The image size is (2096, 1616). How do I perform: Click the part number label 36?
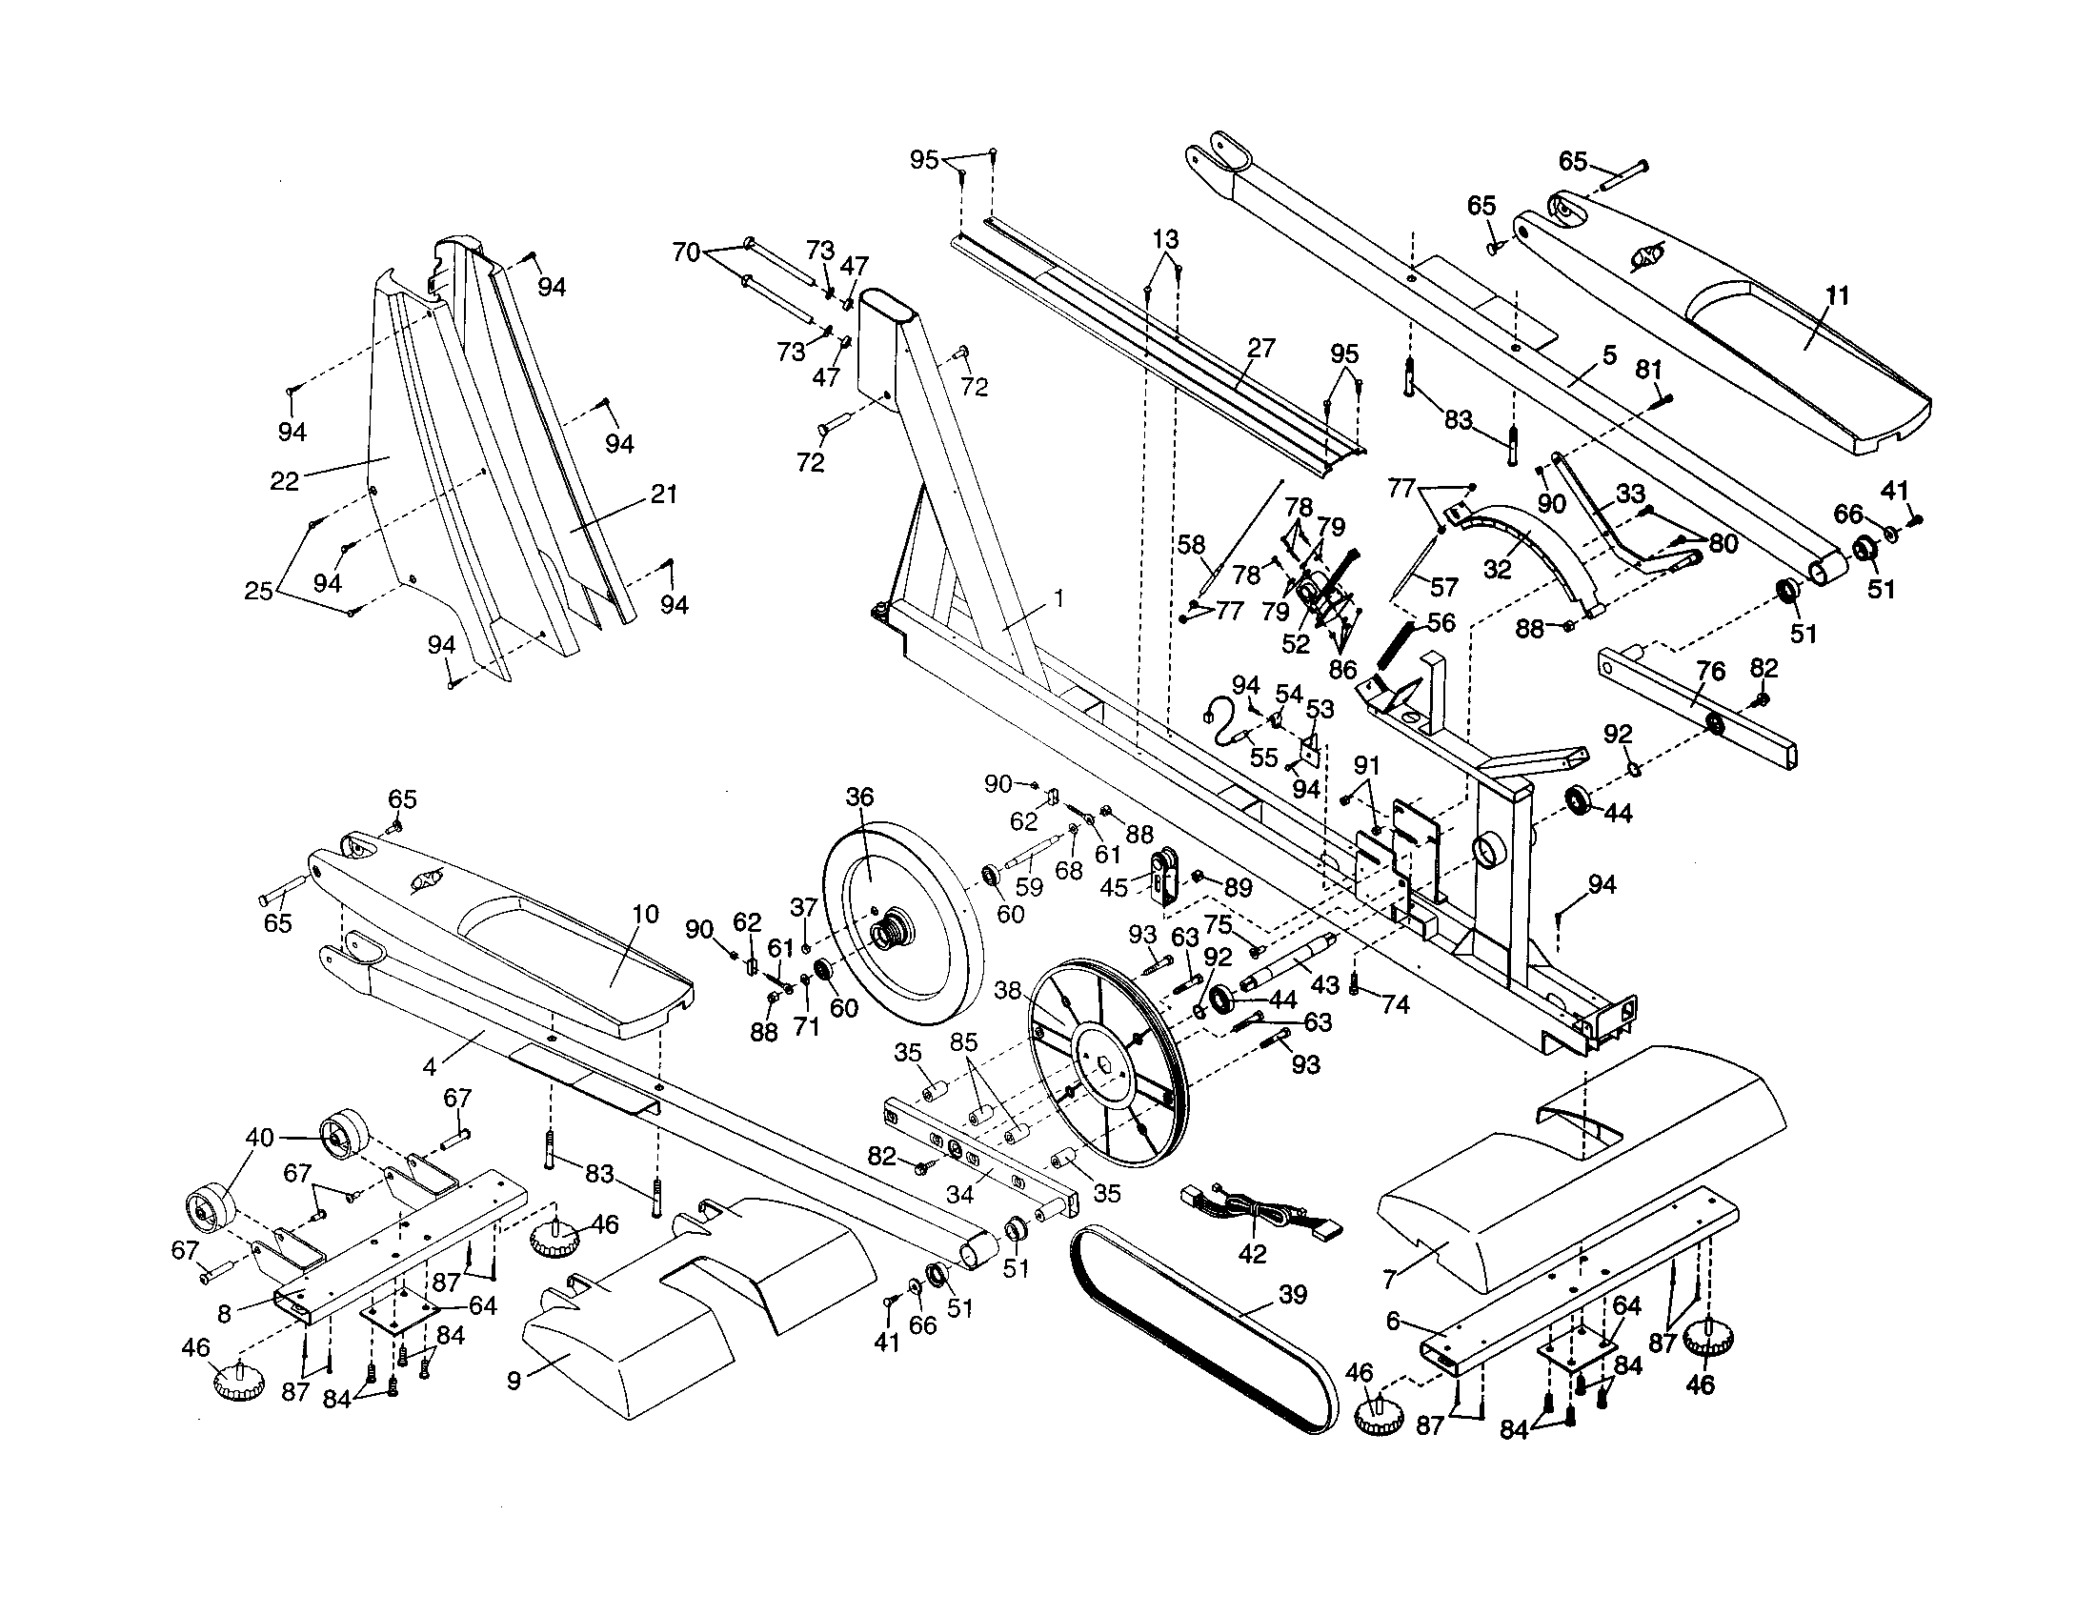pos(860,797)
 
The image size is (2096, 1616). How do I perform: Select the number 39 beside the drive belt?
pos(1293,1295)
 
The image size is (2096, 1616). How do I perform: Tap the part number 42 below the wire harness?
pos(1253,1253)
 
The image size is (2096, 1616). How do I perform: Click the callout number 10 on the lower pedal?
pos(645,914)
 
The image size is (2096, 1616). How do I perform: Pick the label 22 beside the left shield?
pos(284,481)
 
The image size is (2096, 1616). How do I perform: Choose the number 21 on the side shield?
pos(664,495)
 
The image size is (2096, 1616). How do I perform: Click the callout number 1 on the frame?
pos(1058,597)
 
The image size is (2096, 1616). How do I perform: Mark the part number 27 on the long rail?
pos(1260,348)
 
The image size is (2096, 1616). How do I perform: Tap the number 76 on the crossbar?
pos(1710,671)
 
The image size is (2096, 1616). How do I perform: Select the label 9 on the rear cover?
pos(514,1381)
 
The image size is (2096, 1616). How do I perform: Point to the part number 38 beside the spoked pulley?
pos(1007,989)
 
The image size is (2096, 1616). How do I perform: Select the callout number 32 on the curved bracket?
pos(1497,569)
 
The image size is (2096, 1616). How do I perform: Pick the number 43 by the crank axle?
pos(1324,984)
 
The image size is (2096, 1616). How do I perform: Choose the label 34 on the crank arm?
pos(959,1194)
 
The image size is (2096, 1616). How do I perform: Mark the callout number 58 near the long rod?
pos(1191,545)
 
